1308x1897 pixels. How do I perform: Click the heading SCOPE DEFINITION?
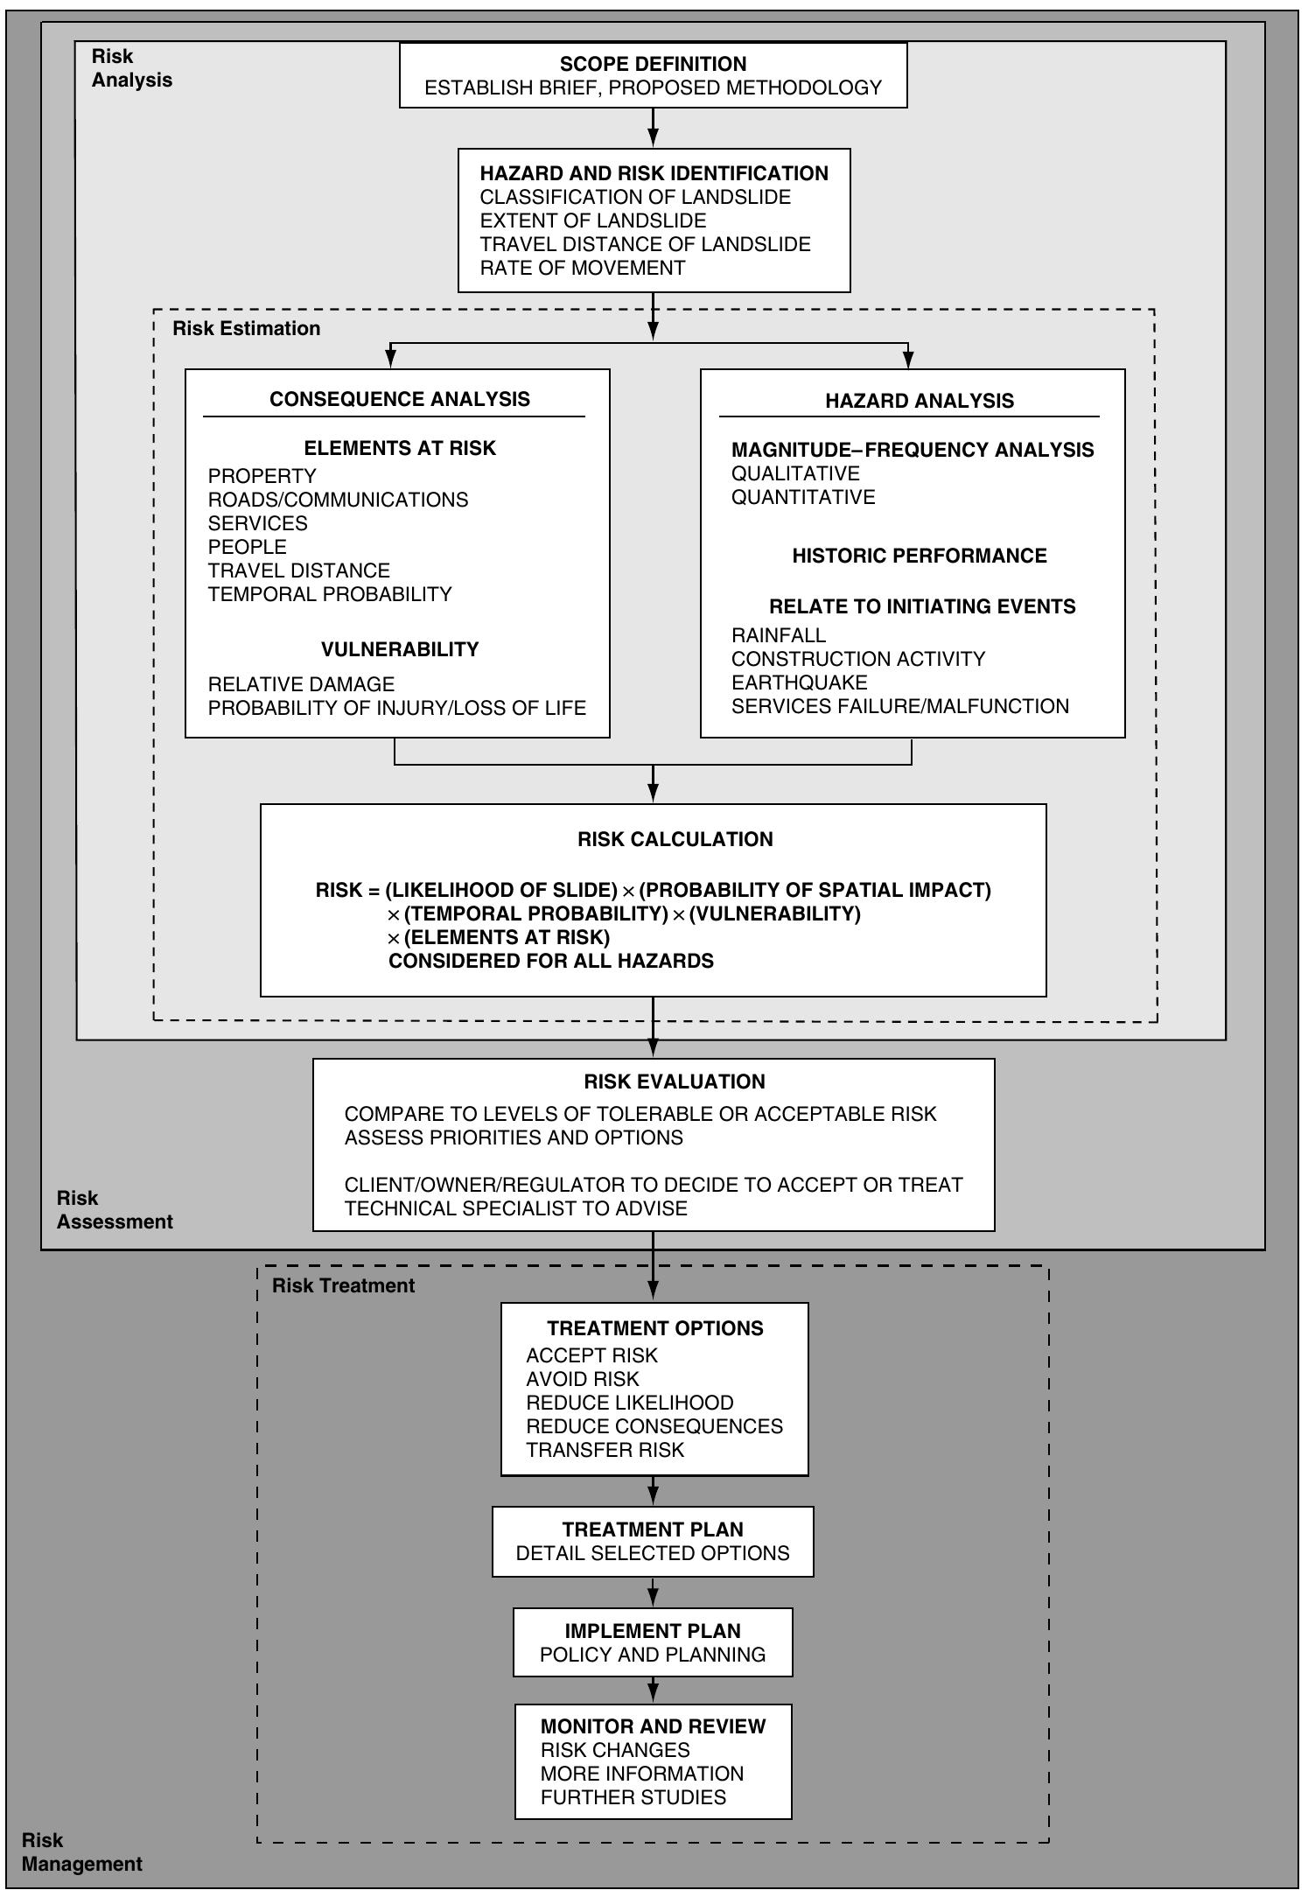[653, 64]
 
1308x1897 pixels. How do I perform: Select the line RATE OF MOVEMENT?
[582, 268]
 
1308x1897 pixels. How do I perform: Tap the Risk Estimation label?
[246, 328]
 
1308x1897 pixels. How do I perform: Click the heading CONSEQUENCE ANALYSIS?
[399, 399]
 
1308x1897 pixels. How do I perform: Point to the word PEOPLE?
[247, 547]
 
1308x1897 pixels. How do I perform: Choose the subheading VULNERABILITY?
[400, 649]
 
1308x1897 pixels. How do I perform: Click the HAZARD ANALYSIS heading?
[919, 401]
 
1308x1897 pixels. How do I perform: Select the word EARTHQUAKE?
[799, 682]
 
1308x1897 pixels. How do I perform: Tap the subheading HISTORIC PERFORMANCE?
[919, 556]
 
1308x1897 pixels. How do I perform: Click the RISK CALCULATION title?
[675, 839]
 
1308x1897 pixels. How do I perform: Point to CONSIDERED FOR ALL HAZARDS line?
[551, 961]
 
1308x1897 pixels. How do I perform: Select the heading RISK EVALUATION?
[674, 1081]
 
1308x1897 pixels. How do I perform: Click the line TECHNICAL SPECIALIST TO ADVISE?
[515, 1208]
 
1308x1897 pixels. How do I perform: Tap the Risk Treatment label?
[343, 1285]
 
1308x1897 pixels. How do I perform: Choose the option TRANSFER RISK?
[605, 1450]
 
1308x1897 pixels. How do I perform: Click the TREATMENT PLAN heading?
[653, 1529]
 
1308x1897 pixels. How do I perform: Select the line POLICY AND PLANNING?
[653, 1655]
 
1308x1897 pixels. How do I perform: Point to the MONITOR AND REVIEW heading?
[653, 1726]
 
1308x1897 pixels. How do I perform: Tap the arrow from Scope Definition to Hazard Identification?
[653, 128]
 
